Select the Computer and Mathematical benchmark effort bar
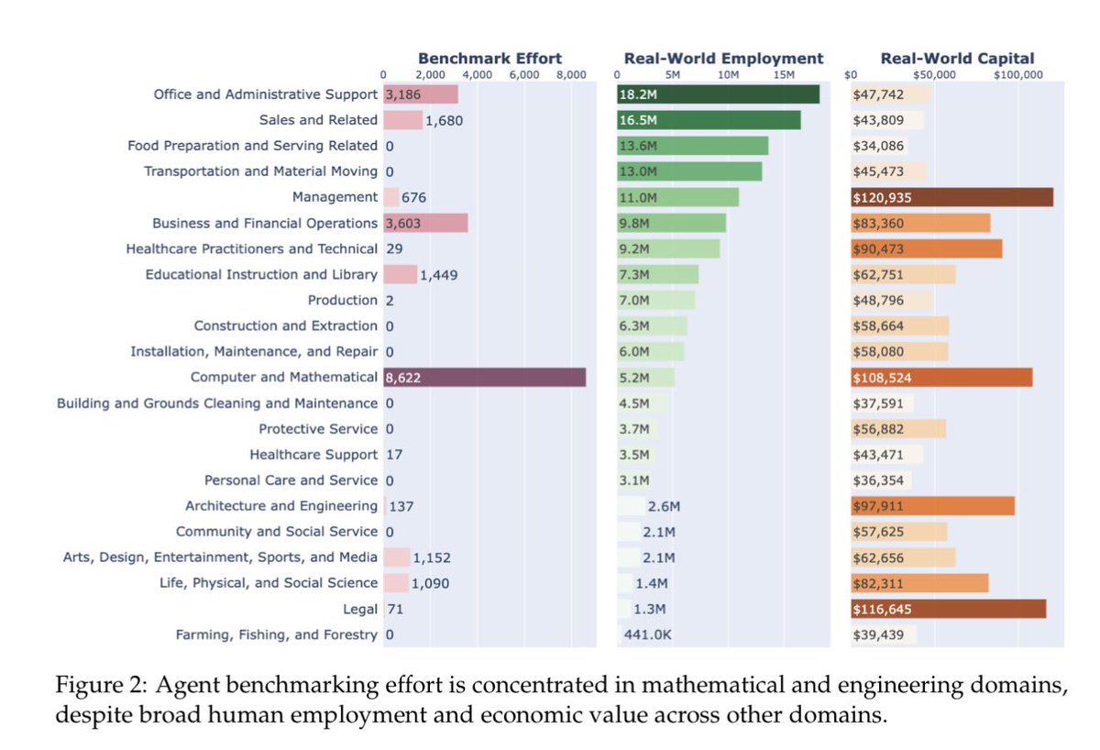click(484, 377)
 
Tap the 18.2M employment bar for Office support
click(719, 94)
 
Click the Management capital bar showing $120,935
click(951, 197)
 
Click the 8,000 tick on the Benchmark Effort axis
click(570, 75)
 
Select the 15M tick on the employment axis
click(785, 75)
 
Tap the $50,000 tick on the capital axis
click(934, 75)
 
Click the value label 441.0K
click(647, 634)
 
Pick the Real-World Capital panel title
click(957, 59)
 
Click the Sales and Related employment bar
click(709, 120)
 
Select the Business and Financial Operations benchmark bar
click(425, 223)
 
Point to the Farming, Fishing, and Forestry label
click(276, 634)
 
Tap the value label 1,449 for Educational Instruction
click(438, 274)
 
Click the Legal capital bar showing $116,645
click(948, 609)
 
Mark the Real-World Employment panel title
click(723, 59)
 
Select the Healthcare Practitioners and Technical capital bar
click(926, 248)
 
